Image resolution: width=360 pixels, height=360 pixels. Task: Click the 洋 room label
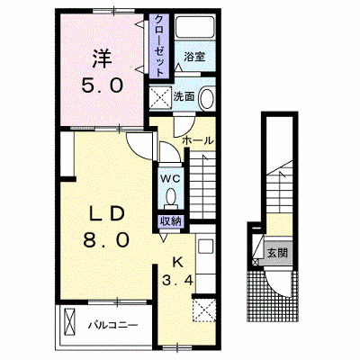pyautogui.click(x=102, y=58)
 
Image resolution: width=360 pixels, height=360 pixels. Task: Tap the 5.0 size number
pyautogui.click(x=103, y=86)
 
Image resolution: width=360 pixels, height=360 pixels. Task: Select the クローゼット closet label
pyautogui.click(x=159, y=46)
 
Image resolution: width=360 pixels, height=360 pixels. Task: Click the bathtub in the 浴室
pyautogui.click(x=195, y=27)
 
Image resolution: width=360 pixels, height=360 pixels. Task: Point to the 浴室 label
pyautogui.click(x=194, y=56)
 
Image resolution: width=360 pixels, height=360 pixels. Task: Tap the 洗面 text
pyautogui.click(x=184, y=96)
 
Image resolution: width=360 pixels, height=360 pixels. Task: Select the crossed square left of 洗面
pyautogui.click(x=160, y=97)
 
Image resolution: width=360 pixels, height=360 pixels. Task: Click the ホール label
pyautogui.click(x=198, y=140)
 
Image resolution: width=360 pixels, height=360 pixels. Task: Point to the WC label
pyautogui.click(x=170, y=179)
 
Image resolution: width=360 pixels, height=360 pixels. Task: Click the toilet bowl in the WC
pyautogui.click(x=171, y=196)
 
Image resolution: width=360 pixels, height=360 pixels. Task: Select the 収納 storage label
pyautogui.click(x=171, y=221)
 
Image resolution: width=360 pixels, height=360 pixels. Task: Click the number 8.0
pyautogui.click(x=106, y=239)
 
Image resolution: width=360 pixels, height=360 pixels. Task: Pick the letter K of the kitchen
pyautogui.click(x=177, y=263)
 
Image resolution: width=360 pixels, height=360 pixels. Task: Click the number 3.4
pyautogui.click(x=177, y=281)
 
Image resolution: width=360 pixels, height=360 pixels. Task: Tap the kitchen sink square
pyautogui.click(x=206, y=247)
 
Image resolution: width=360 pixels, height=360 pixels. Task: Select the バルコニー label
pyautogui.click(x=113, y=325)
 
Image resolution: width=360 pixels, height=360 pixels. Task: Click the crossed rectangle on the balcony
pyautogui.click(x=69, y=322)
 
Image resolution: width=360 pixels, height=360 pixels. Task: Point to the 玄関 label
pyautogui.click(x=277, y=254)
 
